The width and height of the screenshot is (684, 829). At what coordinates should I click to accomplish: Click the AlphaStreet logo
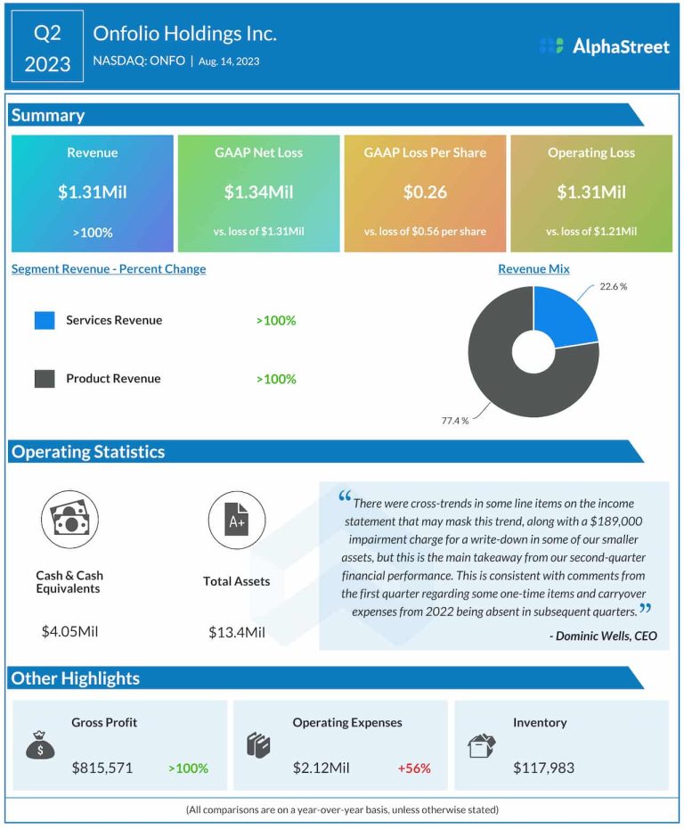(605, 46)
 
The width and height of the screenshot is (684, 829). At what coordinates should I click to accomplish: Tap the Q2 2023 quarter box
(47, 47)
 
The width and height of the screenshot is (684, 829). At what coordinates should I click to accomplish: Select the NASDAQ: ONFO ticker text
(139, 61)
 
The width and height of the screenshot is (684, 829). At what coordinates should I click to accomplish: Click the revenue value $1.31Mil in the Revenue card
(92, 192)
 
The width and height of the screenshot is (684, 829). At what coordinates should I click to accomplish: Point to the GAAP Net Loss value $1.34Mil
(258, 192)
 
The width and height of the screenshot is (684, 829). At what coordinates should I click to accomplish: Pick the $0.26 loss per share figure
(425, 192)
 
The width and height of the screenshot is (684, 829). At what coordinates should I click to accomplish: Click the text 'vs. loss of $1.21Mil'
(591, 232)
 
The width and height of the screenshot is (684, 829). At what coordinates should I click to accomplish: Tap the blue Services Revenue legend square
(45, 320)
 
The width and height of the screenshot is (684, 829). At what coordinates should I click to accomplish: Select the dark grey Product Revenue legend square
(45, 379)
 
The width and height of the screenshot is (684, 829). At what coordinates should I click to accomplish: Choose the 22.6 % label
(612, 286)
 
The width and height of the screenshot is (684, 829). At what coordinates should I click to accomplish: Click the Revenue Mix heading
(533, 268)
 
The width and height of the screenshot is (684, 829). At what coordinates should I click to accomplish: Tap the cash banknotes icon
(69, 520)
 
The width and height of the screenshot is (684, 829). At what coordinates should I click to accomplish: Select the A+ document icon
(237, 520)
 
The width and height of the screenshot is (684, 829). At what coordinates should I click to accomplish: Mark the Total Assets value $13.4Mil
(236, 632)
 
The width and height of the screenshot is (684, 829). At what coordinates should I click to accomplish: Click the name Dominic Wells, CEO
(603, 635)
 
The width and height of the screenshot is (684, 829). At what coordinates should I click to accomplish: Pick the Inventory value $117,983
(543, 767)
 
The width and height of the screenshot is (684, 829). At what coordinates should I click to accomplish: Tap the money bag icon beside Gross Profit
(40, 745)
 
